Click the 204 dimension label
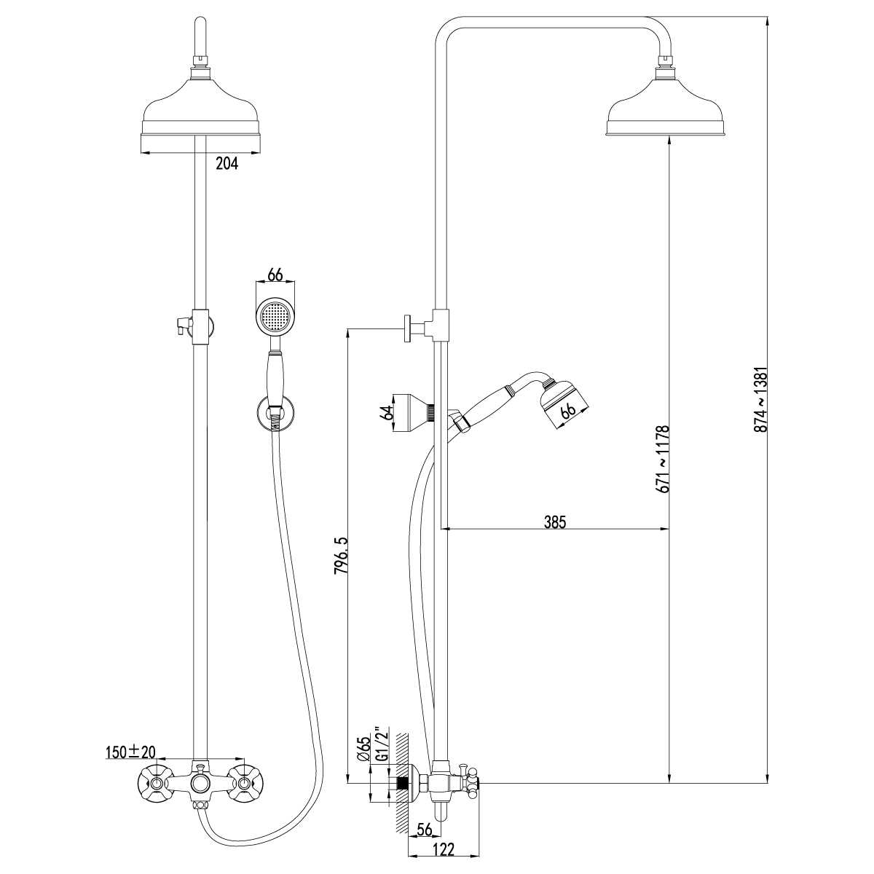[227, 164]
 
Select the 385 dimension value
[555, 521]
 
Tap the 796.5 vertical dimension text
[340, 556]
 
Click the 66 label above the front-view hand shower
[275, 275]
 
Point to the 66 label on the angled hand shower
[568, 409]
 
